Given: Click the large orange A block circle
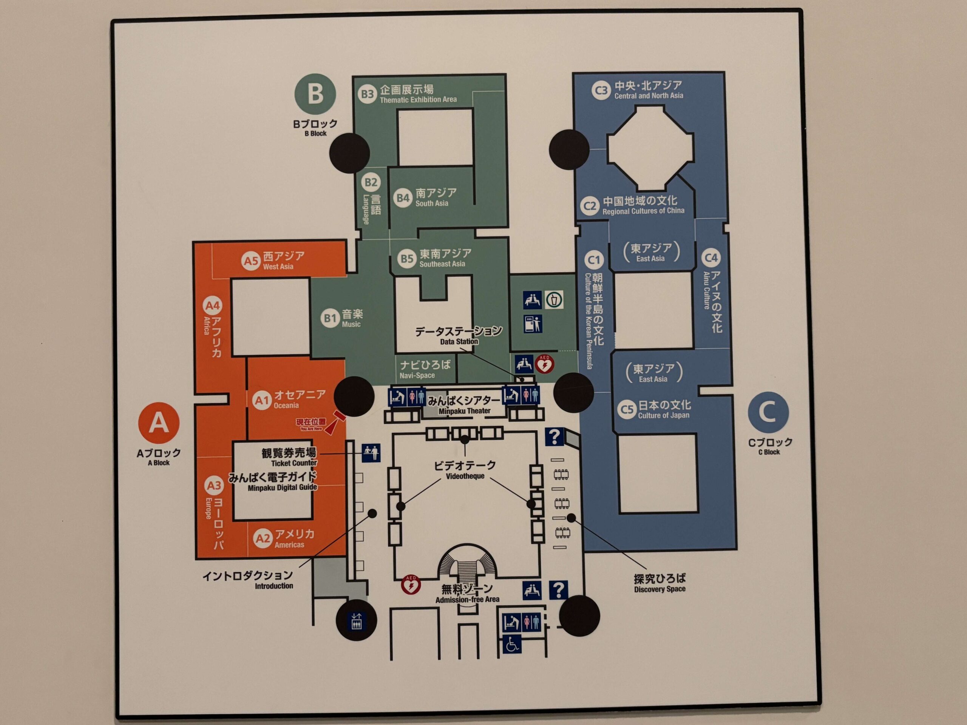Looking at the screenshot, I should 159,423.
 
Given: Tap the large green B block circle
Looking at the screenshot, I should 315,94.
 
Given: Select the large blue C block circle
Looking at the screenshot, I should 768,412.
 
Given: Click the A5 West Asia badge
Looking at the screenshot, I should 251,261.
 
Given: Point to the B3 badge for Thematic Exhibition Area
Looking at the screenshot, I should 367,94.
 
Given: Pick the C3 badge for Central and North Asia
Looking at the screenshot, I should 601,91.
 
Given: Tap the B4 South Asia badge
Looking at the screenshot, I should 403,198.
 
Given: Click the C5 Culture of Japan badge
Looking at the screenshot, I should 627,409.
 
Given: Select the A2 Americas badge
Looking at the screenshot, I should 263,538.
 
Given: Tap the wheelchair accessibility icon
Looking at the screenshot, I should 511,644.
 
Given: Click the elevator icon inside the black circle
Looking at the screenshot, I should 356,620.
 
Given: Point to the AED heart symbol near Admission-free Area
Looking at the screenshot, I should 411,585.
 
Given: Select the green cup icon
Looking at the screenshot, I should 554,300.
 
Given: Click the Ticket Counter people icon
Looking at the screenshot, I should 371,452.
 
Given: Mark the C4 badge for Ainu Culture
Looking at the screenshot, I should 711,258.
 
